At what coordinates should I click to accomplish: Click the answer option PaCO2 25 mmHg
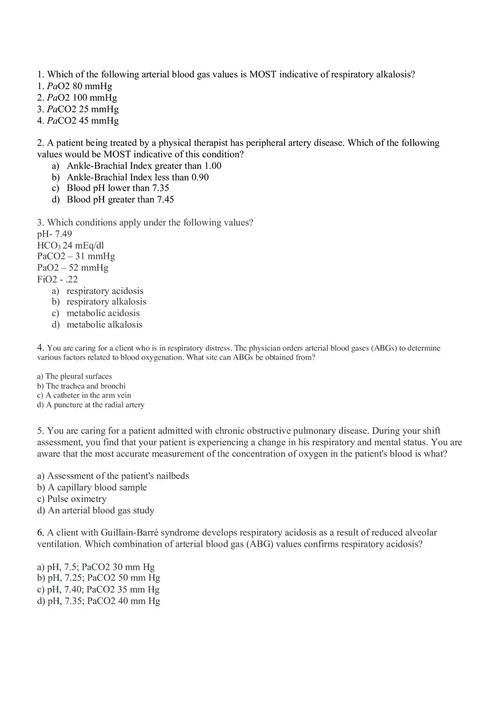pos(78,109)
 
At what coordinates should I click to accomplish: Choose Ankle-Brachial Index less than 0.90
pos(137,177)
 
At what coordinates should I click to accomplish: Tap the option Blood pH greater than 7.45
pos(120,200)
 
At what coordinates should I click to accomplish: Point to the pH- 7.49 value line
pos(55,234)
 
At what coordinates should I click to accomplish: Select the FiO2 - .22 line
pos(57,280)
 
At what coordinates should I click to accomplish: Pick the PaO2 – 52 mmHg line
pos(73,268)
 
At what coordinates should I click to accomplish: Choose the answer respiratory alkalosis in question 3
pos(106,302)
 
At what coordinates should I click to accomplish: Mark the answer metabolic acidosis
pos(103,313)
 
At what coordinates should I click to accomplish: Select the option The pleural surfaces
pos(78,376)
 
